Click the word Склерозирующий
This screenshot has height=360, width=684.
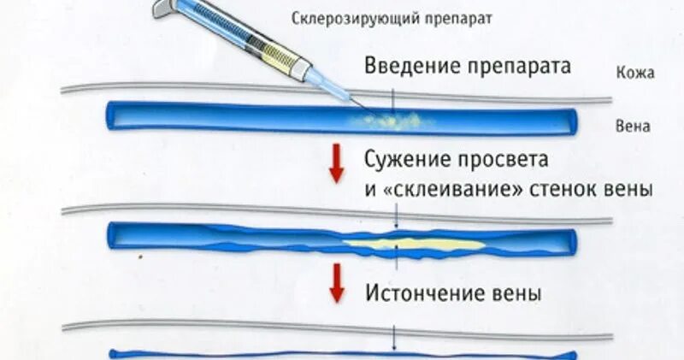click(337, 18)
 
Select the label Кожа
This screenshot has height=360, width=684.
click(634, 74)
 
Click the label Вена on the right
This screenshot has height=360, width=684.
click(634, 127)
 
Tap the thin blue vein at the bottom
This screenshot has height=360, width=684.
click(342, 352)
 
